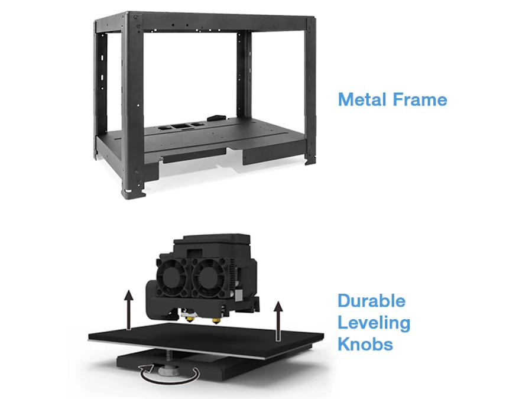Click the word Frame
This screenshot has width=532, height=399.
pyautogui.click(x=420, y=100)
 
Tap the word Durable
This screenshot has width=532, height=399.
pyautogui.click(x=372, y=301)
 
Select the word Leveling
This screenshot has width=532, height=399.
pyautogui.click(x=374, y=323)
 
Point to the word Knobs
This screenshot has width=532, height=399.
pyautogui.click(x=365, y=344)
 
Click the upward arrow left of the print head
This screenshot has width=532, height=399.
pyautogui.click(x=128, y=309)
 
